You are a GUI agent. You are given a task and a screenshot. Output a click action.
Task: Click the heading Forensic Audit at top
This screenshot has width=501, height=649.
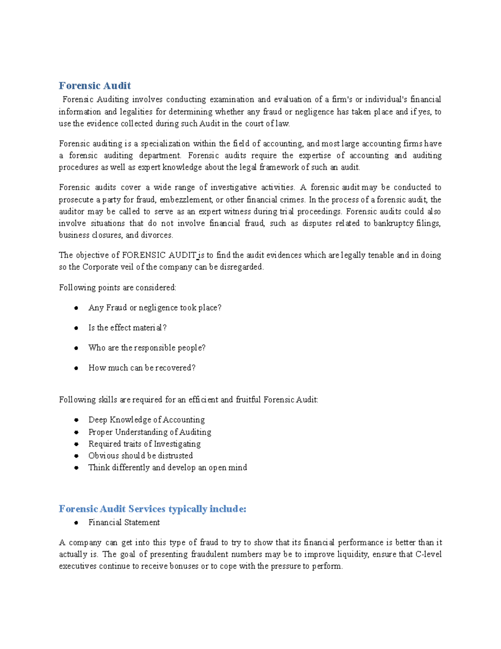[x=95, y=86]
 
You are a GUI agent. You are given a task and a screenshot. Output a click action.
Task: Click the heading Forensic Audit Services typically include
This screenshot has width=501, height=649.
[x=152, y=509]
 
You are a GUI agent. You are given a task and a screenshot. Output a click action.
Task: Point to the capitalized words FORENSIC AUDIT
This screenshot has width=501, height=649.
[x=159, y=255]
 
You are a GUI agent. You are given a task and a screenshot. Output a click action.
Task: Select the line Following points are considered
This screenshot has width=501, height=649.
[x=118, y=288]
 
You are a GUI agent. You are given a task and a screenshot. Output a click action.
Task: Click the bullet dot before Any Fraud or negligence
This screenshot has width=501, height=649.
[x=76, y=308]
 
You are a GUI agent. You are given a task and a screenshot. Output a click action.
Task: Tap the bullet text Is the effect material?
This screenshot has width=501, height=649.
[x=127, y=328]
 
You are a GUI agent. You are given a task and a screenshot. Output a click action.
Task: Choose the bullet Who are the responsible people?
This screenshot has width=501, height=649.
[x=147, y=348]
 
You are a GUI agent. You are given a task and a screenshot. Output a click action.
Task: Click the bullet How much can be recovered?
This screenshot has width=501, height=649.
[x=142, y=368]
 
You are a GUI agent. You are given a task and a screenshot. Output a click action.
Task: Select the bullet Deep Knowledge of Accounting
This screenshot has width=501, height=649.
[x=147, y=420]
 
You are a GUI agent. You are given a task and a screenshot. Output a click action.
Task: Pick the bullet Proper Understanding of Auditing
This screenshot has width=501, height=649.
[x=149, y=432]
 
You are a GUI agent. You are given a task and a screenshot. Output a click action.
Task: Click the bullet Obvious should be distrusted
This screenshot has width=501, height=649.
[x=140, y=456]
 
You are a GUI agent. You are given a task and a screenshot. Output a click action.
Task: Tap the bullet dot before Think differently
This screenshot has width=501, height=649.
[x=76, y=468]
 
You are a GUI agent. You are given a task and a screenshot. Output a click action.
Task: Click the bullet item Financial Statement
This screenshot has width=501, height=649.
[x=124, y=522]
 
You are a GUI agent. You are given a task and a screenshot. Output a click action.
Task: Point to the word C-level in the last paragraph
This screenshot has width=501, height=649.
[x=428, y=554]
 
